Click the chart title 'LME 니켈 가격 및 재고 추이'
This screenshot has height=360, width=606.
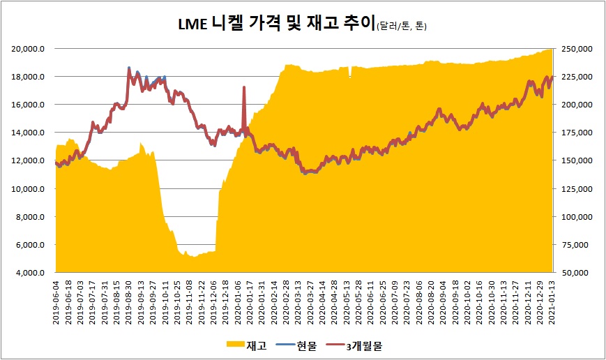coord(275,26)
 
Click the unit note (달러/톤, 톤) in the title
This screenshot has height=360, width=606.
coord(401,27)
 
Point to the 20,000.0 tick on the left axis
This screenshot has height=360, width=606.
coord(29,49)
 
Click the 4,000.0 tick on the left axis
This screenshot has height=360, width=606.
coord(31,273)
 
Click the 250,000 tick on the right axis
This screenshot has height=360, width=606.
coord(576,49)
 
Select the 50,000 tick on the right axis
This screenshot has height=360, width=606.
coord(578,273)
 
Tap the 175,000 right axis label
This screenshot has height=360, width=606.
coord(576,133)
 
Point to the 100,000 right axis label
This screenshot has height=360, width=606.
coord(576,217)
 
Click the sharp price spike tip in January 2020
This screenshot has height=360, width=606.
coord(243,87)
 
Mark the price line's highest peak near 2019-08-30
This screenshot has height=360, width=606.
coord(129,68)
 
